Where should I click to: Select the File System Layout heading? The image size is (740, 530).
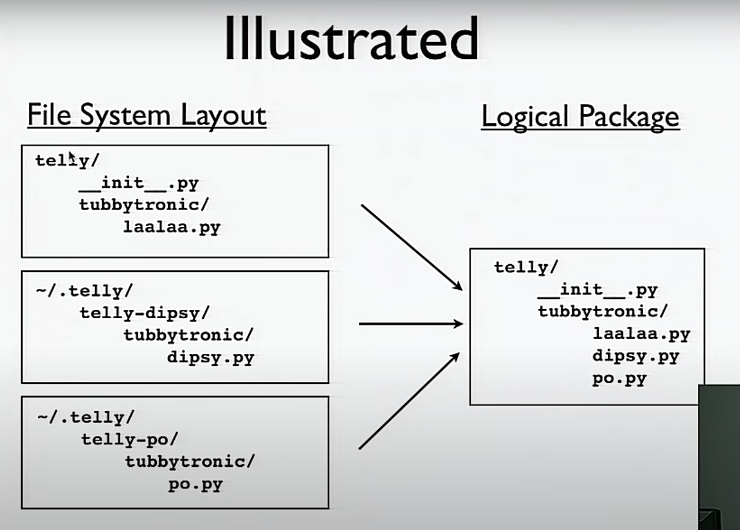pos(147,115)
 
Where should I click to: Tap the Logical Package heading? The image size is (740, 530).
pos(580,117)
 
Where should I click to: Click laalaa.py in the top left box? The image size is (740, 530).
pos(172,227)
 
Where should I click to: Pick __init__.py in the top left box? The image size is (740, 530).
pos(139,183)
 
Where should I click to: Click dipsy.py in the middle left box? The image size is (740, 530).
pos(211,357)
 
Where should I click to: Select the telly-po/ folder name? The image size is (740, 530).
pos(130,439)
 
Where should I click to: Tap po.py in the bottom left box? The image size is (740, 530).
pos(195,484)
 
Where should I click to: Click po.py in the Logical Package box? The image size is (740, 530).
pos(619,380)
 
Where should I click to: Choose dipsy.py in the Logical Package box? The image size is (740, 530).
pos(635,356)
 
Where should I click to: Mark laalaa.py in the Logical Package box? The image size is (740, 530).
pos(641,334)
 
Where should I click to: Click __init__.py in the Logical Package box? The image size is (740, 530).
pos(598,291)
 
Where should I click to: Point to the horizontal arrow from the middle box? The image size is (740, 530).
pos(411,324)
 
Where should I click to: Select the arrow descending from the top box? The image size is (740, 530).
pos(411,247)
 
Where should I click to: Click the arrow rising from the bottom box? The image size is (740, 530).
pos(409,401)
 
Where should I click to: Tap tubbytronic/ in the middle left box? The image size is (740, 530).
pos(189,335)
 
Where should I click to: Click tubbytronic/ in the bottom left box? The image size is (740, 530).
pos(190,462)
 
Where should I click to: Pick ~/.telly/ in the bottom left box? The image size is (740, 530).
pos(86,417)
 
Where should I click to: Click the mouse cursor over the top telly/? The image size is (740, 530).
pos(72,158)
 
